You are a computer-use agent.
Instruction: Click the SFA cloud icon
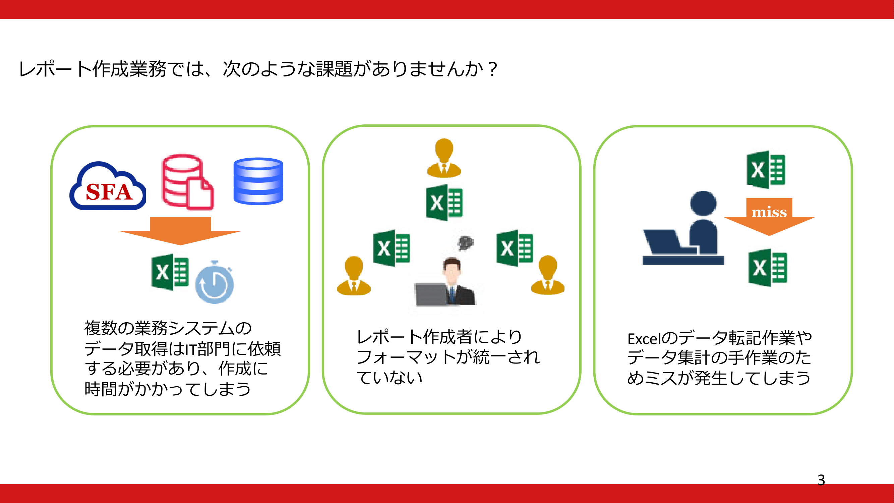click(x=108, y=186)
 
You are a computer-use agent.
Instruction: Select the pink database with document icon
click(x=188, y=182)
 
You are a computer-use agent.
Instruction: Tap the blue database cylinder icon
click(x=258, y=181)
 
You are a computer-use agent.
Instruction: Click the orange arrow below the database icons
click(x=180, y=231)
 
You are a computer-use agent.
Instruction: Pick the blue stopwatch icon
click(x=215, y=282)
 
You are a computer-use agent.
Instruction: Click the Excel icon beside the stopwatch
click(x=170, y=272)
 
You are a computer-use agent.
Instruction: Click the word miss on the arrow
click(x=769, y=212)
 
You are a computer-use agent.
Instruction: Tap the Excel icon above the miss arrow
click(x=766, y=170)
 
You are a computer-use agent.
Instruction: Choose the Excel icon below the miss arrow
click(x=768, y=268)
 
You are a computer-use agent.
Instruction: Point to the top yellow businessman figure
click(x=444, y=158)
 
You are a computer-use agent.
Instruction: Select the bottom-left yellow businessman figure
click(x=354, y=276)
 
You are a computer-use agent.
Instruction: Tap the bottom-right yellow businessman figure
click(x=548, y=275)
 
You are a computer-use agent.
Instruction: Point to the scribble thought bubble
click(x=465, y=243)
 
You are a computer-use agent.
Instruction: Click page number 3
click(x=821, y=480)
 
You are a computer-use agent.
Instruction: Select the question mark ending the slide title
click(x=492, y=69)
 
